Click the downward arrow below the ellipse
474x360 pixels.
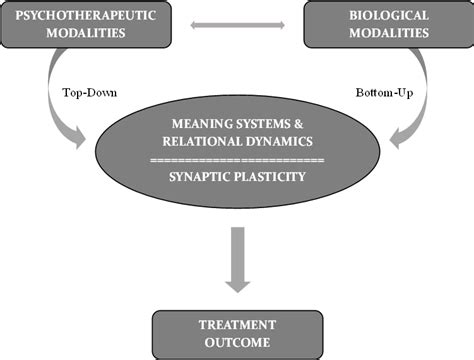238,262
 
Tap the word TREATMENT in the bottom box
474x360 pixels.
238,325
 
